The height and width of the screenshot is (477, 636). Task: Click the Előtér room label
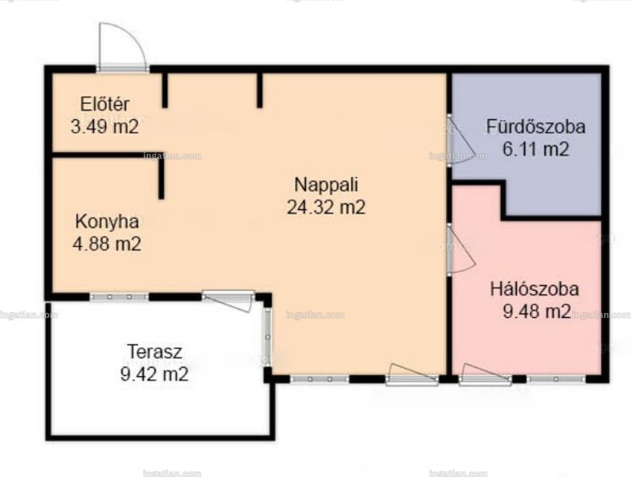click(x=105, y=104)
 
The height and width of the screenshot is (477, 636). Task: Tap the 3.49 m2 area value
click(x=105, y=126)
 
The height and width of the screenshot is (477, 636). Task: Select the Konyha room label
click(x=107, y=222)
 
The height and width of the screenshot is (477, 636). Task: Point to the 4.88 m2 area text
click(x=107, y=244)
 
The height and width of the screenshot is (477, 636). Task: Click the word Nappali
click(x=326, y=185)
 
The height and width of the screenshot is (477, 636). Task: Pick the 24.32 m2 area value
click(x=326, y=207)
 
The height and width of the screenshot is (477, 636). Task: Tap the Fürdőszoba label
click(x=536, y=126)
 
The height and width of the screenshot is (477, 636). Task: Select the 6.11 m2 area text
click(x=536, y=149)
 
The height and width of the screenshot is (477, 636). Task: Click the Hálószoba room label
click(x=534, y=289)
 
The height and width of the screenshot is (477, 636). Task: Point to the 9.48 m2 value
click(x=537, y=312)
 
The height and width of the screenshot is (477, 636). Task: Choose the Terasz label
click(x=154, y=351)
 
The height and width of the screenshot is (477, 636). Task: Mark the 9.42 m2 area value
click(x=154, y=374)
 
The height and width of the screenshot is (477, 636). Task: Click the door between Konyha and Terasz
click(x=228, y=301)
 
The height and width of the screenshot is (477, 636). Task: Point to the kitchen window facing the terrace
click(x=118, y=297)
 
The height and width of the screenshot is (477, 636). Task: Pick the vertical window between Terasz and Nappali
click(x=267, y=336)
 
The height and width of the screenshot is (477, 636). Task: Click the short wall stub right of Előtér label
click(x=165, y=90)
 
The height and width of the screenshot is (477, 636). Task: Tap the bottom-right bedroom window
click(x=556, y=379)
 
